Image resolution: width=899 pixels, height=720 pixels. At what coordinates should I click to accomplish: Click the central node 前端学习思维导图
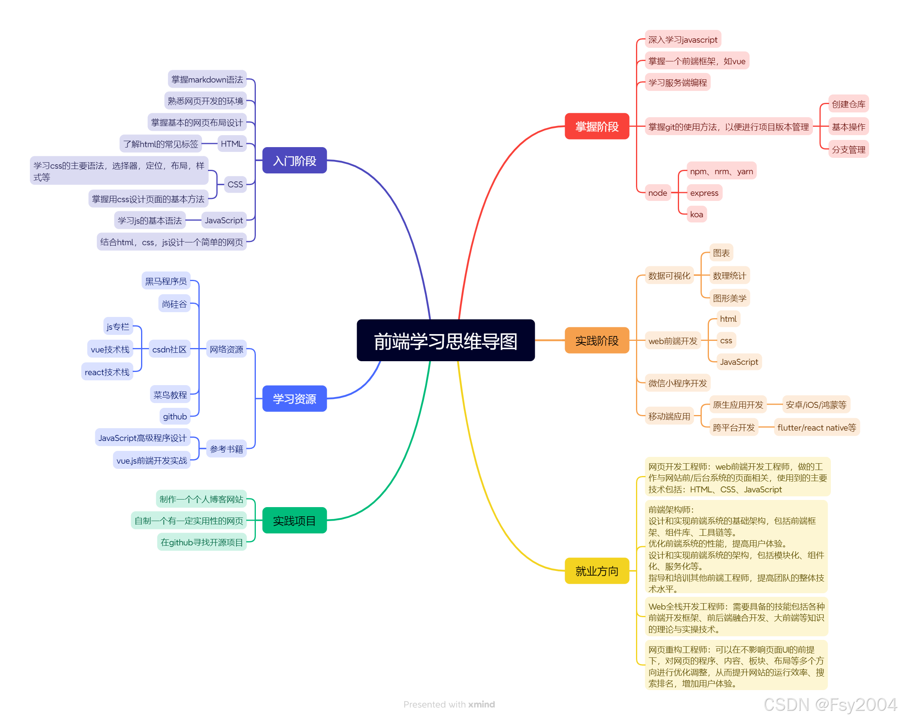point(446,340)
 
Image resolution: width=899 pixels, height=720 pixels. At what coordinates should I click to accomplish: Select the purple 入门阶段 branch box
point(294,161)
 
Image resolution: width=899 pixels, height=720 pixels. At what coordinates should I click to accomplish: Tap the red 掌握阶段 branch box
point(597,126)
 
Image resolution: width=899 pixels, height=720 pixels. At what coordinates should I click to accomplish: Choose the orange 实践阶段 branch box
point(597,340)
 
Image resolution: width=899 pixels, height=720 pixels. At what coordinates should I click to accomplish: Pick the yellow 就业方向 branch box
point(597,570)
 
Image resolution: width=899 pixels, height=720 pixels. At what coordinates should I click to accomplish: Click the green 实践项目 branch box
point(294,520)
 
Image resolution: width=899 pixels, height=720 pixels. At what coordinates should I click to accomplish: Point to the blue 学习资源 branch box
point(294,398)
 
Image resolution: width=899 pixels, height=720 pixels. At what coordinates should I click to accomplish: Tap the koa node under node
point(696,214)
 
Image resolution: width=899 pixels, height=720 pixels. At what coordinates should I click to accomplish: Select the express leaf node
point(704,193)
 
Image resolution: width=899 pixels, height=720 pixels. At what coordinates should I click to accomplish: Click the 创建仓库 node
point(848,104)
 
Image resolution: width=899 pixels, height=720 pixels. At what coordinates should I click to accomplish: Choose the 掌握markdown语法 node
point(207,79)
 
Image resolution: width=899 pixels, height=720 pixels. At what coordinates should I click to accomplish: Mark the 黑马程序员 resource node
point(166,281)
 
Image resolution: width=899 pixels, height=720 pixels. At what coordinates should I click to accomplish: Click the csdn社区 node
point(169,349)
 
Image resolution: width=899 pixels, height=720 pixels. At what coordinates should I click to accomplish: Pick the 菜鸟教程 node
point(170,395)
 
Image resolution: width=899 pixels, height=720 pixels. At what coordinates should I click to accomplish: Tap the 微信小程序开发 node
point(677,383)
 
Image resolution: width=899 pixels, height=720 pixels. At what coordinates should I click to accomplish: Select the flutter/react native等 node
point(817,427)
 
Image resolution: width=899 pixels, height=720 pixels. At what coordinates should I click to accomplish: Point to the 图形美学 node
point(729,298)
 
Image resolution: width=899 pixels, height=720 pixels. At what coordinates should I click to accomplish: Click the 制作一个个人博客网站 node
point(201,499)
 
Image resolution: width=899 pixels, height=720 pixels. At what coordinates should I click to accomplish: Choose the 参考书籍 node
point(226,449)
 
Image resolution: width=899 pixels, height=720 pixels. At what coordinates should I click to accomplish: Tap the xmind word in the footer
point(481,704)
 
